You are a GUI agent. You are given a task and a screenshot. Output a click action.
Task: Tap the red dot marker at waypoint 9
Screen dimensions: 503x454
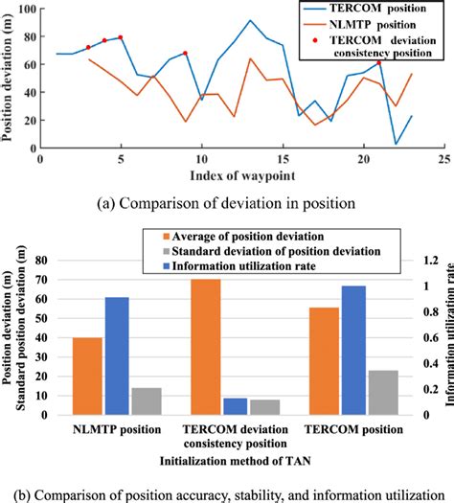click(x=185, y=54)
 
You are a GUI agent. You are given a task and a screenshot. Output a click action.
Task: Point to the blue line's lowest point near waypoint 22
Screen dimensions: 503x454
click(x=396, y=144)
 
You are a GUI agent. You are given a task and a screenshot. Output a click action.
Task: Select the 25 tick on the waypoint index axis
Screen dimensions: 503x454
click(x=443, y=161)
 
